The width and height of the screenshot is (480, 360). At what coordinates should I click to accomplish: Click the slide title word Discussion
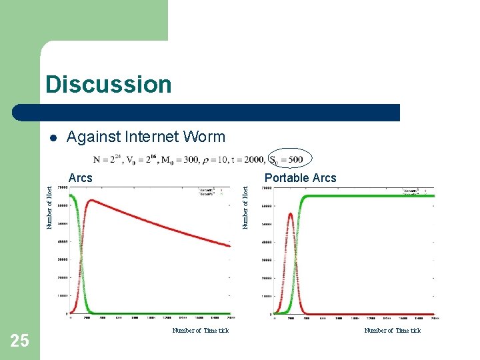109,85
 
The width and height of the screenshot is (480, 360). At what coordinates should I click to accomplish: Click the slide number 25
20,341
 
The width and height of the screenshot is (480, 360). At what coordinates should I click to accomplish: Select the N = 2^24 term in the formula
107,160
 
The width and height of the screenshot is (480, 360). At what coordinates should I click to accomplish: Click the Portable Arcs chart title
300,178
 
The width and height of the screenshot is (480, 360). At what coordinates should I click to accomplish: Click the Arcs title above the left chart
81,178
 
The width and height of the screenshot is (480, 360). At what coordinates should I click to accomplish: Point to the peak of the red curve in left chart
90,199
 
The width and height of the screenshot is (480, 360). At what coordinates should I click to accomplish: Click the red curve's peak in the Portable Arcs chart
291,213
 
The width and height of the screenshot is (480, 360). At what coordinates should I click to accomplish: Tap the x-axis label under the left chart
200,331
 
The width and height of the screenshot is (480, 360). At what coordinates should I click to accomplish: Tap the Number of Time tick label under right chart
392,331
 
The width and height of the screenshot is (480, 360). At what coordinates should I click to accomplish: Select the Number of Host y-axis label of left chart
49,207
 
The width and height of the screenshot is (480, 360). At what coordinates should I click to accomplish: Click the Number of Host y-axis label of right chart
245,207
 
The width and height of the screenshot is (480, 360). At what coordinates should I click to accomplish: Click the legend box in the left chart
213,193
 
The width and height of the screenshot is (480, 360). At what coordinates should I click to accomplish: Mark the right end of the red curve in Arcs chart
230,246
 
